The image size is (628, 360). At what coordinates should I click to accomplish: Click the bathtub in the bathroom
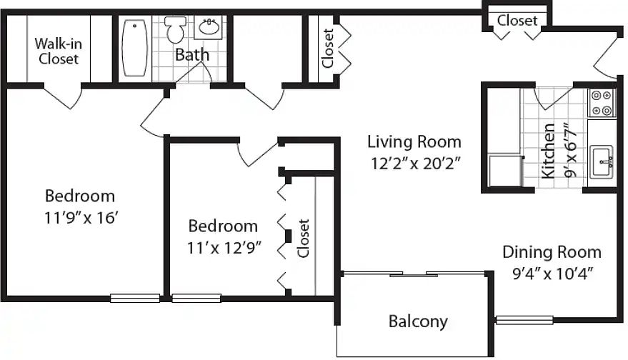(134, 48)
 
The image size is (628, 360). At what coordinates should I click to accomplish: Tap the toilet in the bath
(176, 29)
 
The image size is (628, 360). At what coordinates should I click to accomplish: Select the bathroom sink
(209, 27)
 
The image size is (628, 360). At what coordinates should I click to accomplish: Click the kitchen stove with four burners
(602, 103)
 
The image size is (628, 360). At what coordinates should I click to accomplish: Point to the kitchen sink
(602, 161)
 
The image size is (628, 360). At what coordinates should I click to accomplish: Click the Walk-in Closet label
(58, 51)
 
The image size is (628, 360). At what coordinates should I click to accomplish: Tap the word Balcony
(418, 321)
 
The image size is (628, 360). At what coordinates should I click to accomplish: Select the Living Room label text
(414, 141)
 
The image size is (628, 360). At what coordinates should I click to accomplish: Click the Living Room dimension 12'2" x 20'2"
(415, 164)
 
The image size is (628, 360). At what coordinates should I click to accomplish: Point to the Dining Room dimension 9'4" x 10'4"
(552, 274)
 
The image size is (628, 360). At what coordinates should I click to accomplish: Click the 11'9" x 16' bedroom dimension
(81, 218)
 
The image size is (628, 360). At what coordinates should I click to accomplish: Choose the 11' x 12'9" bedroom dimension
(224, 248)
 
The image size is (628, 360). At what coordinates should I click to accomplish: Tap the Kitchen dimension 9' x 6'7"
(570, 150)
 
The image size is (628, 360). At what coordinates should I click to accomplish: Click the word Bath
(192, 54)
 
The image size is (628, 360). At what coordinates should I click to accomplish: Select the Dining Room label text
(552, 252)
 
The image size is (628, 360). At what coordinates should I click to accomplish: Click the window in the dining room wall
(524, 320)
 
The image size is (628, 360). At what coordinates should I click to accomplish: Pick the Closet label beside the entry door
(517, 20)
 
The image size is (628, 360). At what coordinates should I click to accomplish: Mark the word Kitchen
(548, 151)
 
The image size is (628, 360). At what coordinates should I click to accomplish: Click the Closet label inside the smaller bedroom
(303, 239)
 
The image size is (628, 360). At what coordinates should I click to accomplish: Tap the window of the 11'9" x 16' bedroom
(135, 298)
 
